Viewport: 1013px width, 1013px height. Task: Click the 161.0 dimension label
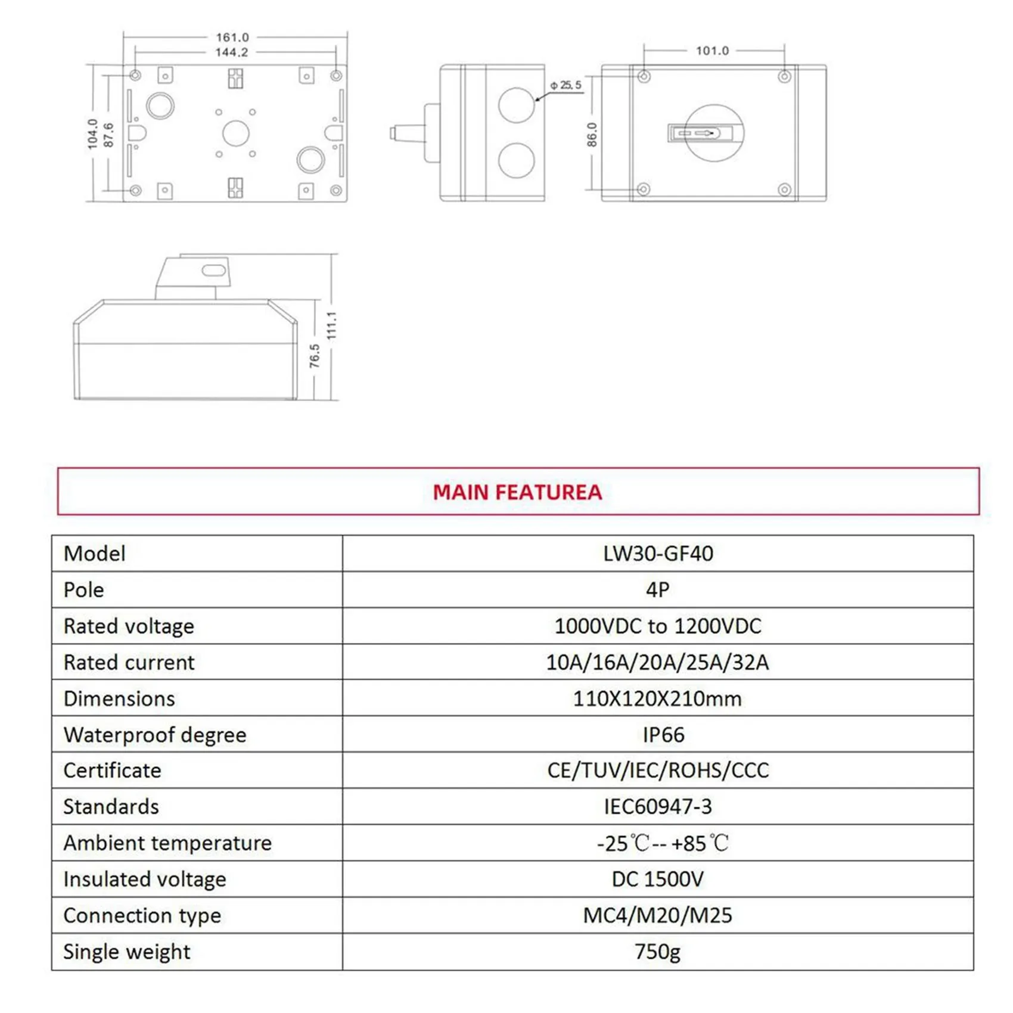tap(232, 38)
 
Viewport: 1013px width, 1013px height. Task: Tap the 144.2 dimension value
tap(231, 52)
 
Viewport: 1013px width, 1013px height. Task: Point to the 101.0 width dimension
tap(712, 51)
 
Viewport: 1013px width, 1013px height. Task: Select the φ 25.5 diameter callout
tap(565, 85)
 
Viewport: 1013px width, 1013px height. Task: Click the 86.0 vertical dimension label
tap(592, 135)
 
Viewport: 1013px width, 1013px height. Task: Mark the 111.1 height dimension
tap(332, 325)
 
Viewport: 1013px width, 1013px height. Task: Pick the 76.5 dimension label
tap(315, 356)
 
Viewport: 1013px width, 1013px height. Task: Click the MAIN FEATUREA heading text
tap(517, 492)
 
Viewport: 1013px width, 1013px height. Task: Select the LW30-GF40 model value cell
tap(658, 554)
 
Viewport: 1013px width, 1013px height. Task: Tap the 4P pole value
tap(658, 590)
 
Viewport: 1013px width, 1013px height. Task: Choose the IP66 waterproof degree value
tap(663, 735)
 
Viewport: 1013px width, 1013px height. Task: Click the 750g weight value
tap(657, 952)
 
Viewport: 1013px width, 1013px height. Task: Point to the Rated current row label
tap(129, 663)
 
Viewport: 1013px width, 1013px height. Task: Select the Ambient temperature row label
tap(167, 843)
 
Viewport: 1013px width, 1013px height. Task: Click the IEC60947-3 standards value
tap(658, 807)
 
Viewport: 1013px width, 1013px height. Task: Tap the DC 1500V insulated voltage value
tap(658, 879)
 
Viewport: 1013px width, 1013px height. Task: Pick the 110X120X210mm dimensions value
tap(657, 698)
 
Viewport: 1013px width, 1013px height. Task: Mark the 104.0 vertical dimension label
tap(92, 133)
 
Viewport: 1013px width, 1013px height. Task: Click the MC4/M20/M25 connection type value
tap(657, 915)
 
